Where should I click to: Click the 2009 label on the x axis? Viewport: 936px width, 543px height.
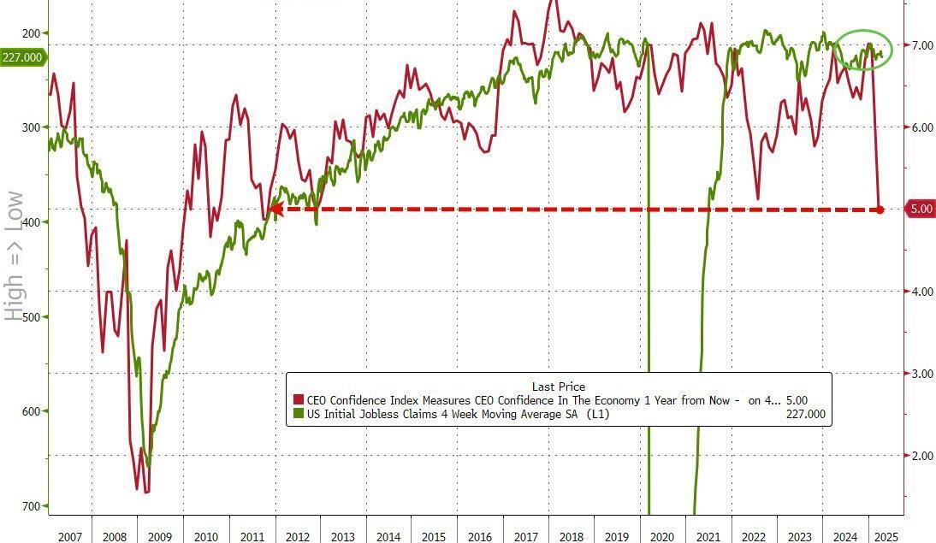pos(159,537)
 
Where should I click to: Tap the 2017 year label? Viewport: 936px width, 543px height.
pos(525,537)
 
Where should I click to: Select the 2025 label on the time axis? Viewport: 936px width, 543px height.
pos(886,537)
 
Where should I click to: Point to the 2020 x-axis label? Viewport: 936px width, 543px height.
pos(662,537)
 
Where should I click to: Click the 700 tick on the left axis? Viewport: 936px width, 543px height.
pos(31,505)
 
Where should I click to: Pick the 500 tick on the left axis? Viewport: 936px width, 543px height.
pos(31,316)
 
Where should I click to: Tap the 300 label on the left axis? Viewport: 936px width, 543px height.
pos(31,127)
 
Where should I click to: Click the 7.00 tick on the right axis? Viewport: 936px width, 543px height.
pos(922,44)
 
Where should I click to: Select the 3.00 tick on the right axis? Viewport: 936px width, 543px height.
pos(922,374)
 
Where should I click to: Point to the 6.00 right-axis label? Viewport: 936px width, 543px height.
pos(922,127)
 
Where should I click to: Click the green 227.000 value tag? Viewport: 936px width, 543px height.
pos(22,57)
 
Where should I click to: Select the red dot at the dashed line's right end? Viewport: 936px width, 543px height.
pos(880,210)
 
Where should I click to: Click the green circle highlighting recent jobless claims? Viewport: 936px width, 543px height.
pos(863,50)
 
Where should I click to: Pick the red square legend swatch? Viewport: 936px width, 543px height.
pos(298,400)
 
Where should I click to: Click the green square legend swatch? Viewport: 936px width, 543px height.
pos(298,415)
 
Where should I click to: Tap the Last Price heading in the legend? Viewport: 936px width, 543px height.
pos(558,387)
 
